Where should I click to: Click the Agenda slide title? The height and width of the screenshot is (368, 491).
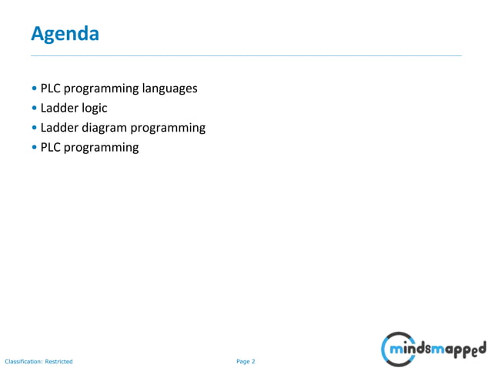coord(65,34)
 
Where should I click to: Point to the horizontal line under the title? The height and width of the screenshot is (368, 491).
coord(246,56)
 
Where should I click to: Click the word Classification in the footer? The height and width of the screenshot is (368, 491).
coord(23,361)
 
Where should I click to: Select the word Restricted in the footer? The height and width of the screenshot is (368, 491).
coord(59,361)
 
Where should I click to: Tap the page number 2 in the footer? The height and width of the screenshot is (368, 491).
coord(253,361)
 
